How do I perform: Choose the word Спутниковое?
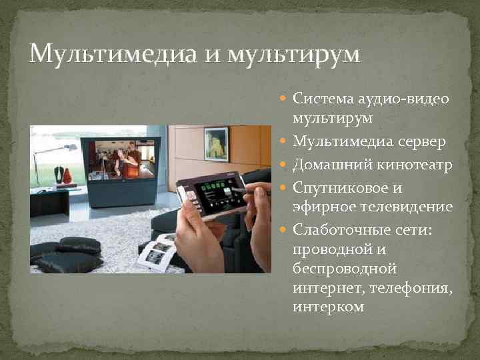337,187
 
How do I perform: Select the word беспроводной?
345,269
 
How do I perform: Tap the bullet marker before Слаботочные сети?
285,229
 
